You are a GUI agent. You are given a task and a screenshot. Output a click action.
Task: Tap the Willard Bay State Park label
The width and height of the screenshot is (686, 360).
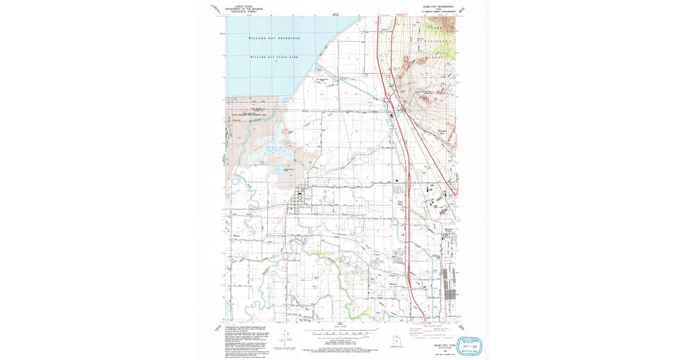point(274,57)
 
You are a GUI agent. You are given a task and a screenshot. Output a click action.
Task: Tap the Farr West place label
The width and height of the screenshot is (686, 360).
point(401,202)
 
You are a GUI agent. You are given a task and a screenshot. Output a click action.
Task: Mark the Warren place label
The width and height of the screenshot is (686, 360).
point(237,235)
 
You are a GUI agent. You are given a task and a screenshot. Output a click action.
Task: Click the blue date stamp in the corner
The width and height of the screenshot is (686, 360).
point(468,345)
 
